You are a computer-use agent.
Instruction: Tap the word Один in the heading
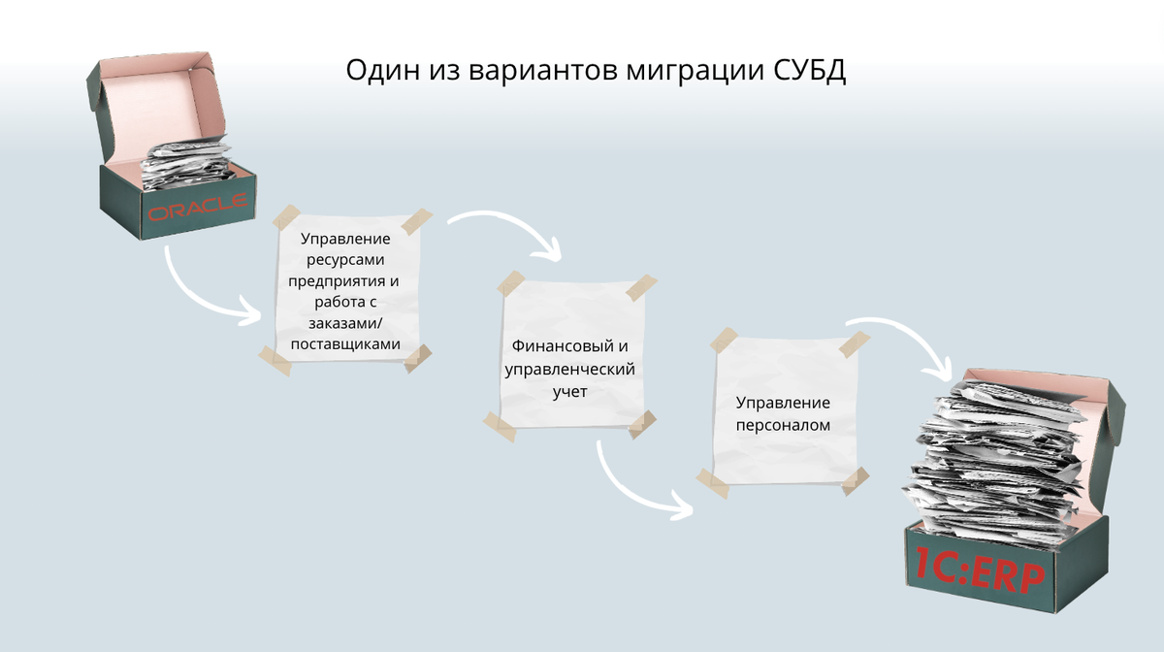[382, 71]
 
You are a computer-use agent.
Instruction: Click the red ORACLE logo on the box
[198, 207]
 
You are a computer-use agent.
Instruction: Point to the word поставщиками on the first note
[345, 344]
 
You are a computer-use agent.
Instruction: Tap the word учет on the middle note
[570, 392]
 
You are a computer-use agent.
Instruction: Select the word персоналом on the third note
[783, 426]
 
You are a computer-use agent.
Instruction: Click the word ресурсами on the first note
[345, 260]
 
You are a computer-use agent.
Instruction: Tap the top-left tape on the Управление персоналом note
[724, 341]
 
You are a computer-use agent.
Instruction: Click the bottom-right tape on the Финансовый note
[642, 424]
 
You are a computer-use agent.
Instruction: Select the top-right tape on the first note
[417, 221]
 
